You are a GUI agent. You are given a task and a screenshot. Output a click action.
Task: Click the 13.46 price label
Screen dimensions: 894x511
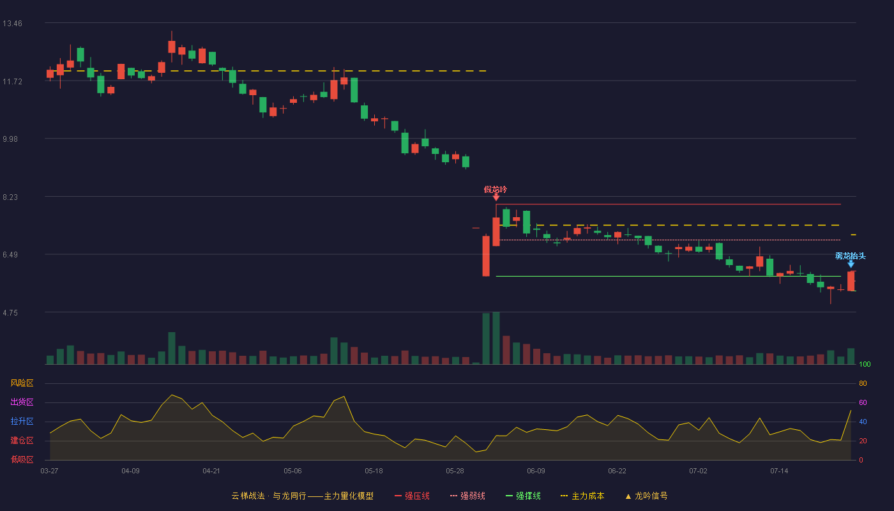(12, 24)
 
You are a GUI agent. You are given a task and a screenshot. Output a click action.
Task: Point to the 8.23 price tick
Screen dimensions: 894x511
(10, 197)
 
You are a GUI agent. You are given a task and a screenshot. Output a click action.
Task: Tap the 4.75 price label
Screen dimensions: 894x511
(10, 313)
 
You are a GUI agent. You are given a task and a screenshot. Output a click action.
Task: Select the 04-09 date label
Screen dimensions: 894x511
(130, 471)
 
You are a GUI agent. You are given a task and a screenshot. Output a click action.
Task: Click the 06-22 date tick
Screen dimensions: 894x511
(617, 471)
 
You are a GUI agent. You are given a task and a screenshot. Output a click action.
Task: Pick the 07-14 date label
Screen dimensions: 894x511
(779, 471)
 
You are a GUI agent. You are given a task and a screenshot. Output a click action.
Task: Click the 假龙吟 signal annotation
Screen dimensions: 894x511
(496, 190)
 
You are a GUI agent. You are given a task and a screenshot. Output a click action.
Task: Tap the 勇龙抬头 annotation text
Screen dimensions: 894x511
(851, 256)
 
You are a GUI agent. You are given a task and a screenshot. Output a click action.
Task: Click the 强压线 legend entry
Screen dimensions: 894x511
(413, 496)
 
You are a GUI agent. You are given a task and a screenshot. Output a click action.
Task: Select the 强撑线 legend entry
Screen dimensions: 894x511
(523, 496)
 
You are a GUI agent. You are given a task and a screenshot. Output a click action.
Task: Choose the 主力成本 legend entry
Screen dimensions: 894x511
(582, 496)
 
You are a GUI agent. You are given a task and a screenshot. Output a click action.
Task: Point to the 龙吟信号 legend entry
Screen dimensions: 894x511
(646, 496)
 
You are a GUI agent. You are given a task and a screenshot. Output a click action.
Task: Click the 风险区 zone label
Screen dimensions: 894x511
(22, 383)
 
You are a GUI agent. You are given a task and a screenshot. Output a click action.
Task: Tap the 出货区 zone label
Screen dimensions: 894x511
(22, 402)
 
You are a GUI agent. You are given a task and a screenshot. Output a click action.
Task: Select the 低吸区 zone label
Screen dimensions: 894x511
(22, 459)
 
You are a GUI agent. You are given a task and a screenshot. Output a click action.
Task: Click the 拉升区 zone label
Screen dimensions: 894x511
(22, 421)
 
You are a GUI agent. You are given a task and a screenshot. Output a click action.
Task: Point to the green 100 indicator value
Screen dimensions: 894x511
(865, 364)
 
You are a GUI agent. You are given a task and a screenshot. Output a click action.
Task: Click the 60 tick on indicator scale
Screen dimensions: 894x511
(863, 402)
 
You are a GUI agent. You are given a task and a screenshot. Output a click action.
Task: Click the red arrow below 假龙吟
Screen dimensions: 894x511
(496, 197)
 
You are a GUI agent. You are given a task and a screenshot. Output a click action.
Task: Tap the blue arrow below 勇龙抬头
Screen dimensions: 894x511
(851, 264)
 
